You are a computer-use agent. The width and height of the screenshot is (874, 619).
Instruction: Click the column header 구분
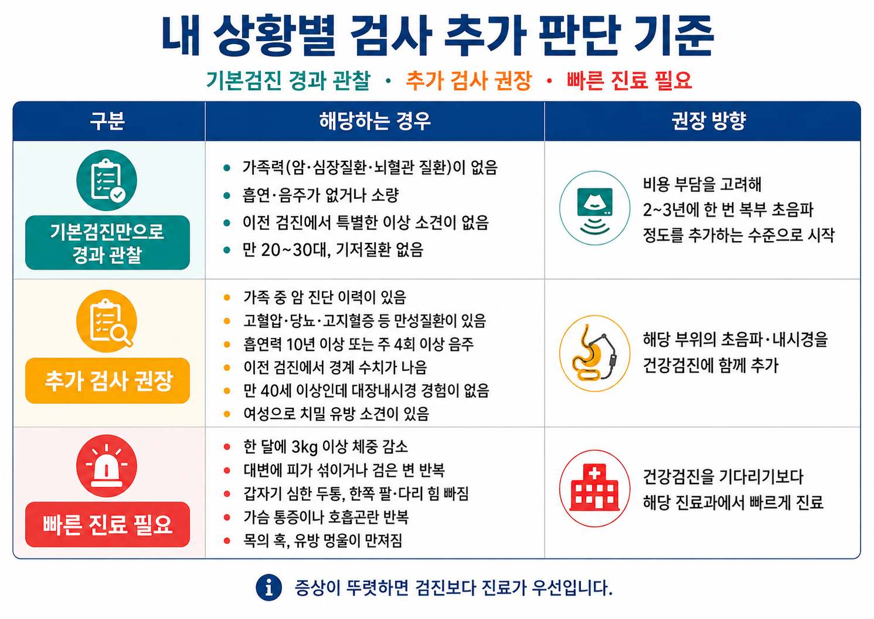[107, 121]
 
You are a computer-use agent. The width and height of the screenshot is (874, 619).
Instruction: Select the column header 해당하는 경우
[375, 121]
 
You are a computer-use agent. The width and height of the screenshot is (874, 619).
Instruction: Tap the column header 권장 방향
[709, 121]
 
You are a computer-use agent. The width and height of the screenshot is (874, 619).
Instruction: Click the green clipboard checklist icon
[107, 181]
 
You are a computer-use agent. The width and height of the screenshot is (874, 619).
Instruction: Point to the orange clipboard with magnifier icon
[107, 321]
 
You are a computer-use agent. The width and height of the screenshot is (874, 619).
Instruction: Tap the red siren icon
[107, 465]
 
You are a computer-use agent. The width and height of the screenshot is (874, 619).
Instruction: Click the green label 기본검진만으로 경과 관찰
[107, 242]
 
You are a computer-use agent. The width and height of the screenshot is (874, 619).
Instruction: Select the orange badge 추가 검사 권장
[107, 381]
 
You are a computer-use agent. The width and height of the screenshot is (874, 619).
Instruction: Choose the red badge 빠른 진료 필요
[107, 524]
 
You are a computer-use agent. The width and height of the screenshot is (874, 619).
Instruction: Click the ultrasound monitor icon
[594, 208]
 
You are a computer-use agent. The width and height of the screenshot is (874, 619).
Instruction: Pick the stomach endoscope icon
[594, 353]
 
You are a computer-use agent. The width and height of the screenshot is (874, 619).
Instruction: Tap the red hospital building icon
[594, 488]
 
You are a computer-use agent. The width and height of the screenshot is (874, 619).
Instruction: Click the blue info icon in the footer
[269, 587]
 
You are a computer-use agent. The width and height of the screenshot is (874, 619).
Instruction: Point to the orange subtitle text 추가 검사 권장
[468, 81]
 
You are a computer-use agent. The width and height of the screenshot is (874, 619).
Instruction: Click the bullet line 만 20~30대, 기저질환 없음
[333, 250]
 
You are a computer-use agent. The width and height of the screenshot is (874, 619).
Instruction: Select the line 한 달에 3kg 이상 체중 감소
[325, 447]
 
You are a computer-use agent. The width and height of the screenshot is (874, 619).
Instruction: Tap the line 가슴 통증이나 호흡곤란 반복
[326, 517]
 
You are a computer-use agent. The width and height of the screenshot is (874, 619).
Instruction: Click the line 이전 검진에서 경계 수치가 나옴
[335, 367]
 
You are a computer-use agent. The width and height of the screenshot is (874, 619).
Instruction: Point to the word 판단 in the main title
[579, 35]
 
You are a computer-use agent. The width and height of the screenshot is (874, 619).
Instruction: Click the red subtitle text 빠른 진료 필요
[630, 81]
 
